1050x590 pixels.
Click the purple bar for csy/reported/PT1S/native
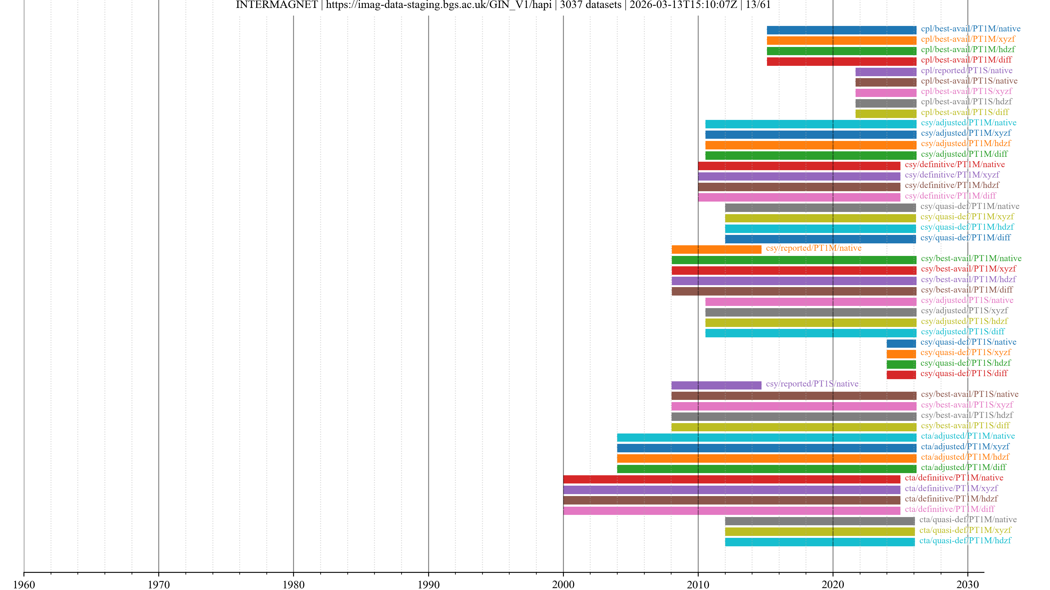point(716,385)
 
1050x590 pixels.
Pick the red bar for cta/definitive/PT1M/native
point(732,479)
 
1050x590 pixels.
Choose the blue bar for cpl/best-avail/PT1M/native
point(841,30)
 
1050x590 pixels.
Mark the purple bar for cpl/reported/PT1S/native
point(886,72)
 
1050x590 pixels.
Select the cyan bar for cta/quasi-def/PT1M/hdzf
point(820,542)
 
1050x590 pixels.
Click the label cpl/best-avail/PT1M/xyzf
point(968,39)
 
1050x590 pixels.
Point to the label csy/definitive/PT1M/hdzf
point(952,185)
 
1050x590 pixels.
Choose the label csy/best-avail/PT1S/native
point(969,394)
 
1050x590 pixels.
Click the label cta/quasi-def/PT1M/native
point(968,520)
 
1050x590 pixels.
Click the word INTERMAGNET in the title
point(276,5)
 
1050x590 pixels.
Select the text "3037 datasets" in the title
point(590,5)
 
